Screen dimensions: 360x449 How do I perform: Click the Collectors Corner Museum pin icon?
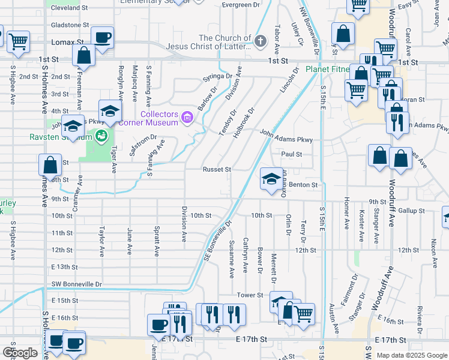[187, 117]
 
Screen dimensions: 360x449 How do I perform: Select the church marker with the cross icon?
[260, 41]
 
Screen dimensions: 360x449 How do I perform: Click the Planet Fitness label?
[327, 69]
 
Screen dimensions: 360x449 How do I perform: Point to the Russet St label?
[216, 170]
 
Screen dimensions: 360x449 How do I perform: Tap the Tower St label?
[250, 295]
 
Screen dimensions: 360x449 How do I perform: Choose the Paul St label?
[291, 154]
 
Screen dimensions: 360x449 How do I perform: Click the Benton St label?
[303, 185]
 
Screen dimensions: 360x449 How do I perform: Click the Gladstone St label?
[70, 25]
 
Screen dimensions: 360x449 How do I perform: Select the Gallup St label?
[411, 211]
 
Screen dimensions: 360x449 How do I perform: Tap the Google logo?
[20, 353]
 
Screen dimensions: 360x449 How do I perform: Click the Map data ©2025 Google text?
[411, 355]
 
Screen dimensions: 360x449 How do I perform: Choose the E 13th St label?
[65, 266]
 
